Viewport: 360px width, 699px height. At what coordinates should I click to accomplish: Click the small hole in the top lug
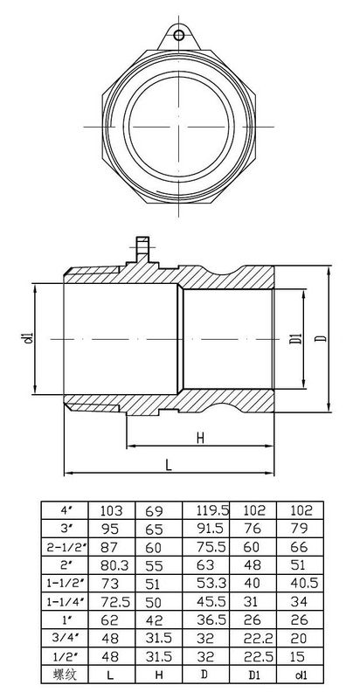179,35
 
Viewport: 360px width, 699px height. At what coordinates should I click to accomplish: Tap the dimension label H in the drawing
200,438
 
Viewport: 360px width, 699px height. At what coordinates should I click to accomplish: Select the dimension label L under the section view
169,465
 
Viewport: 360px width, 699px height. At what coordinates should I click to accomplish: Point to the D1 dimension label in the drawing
298,338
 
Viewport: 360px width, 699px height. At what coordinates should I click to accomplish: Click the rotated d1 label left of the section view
30,338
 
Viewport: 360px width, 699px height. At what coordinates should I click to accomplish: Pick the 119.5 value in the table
212,510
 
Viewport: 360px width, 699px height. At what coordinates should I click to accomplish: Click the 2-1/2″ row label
65,547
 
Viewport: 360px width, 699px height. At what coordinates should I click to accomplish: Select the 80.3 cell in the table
111,565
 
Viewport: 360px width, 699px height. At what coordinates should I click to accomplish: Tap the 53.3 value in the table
211,583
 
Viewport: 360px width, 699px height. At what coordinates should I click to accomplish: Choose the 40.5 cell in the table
300,583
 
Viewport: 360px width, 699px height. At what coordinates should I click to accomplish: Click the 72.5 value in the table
111,602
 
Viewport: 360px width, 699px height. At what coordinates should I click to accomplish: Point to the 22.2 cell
259,639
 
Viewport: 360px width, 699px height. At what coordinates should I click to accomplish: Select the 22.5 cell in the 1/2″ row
259,656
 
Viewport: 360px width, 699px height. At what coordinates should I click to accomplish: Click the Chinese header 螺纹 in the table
66,675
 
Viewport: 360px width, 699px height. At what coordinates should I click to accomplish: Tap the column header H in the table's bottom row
158,675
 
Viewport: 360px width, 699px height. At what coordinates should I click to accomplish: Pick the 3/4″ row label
65,638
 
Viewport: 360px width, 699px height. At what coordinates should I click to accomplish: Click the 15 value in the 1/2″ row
298,656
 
